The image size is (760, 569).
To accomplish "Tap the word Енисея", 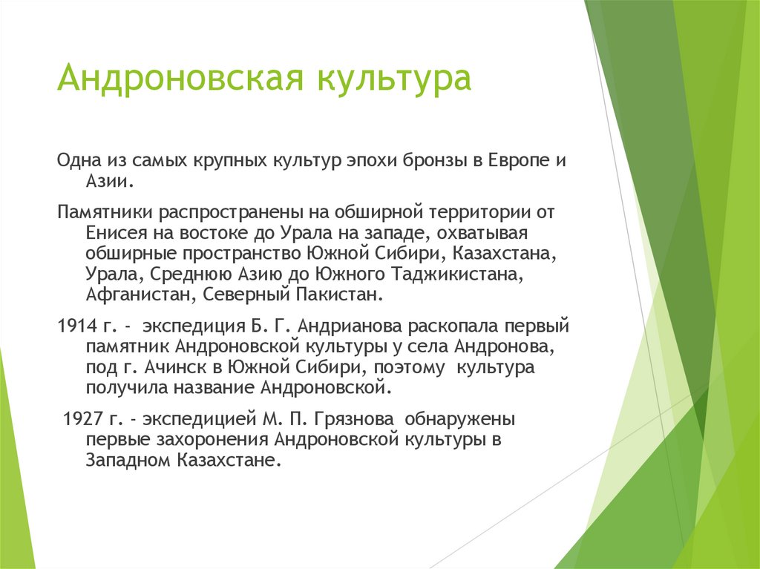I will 113,233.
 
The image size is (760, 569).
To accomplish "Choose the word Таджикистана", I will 453,274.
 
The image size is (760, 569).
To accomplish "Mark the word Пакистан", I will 344,295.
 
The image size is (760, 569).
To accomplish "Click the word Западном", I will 129,460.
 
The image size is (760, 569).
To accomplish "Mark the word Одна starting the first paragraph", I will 76,161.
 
